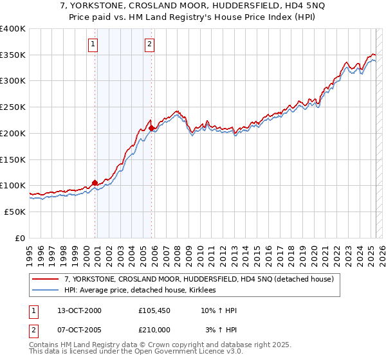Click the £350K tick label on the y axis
pos(13,55)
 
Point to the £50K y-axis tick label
pos(15,211)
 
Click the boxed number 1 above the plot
pos(93,44)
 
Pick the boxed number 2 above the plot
pos(149,44)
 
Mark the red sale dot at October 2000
pos(95,183)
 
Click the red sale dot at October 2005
pos(151,129)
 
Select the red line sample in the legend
pos(46,280)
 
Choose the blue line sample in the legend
pos(46,291)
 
